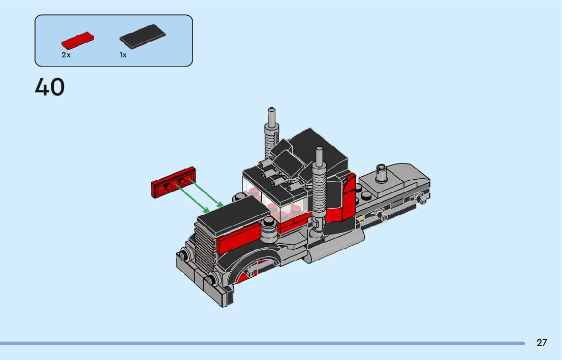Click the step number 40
pyautogui.click(x=50, y=87)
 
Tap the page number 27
pyautogui.click(x=542, y=343)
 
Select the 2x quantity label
pyautogui.click(x=66, y=55)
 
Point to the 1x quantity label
pyautogui.click(x=123, y=55)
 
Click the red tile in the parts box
pyautogui.click(x=78, y=41)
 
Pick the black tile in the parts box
pyautogui.click(x=143, y=36)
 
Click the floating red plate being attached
pyautogui.click(x=173, y=182)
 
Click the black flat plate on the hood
pyautogui.click(x=233, y=213)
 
